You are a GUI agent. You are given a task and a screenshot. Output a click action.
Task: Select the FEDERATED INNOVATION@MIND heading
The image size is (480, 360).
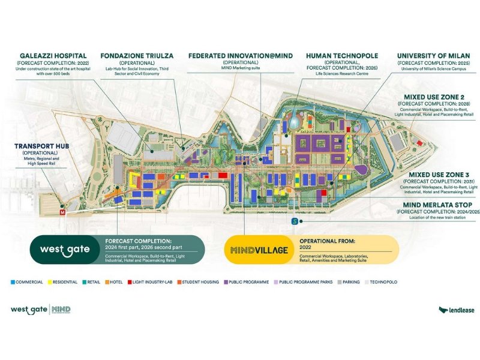(240, 55)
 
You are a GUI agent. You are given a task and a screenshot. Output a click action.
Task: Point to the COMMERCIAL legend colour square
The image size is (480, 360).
(14, 281)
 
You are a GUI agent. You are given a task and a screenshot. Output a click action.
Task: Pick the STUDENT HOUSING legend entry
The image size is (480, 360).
(200, 281)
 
